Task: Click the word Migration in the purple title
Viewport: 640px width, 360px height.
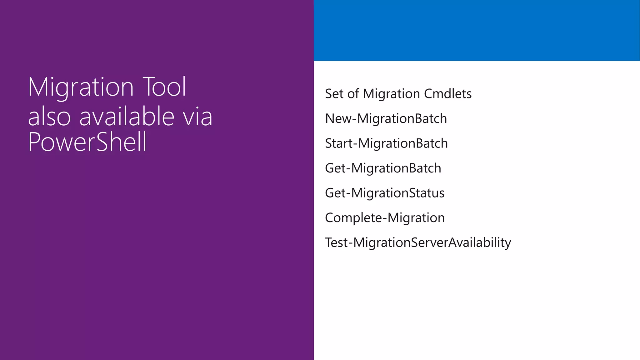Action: [x=81, y=87]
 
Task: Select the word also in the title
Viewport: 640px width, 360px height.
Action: [x=49, y=117]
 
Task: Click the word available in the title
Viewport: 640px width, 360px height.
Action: [x=127, y=116]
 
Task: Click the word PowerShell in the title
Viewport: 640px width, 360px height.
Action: [x=87, y=142]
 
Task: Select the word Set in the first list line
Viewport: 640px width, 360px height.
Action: [x=334, y=94]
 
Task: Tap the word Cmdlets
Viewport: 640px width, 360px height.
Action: [x=447, y=94]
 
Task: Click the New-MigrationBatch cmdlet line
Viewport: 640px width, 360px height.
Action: [x=386, y=119]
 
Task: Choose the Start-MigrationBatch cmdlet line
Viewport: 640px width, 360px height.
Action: [x=386, y=143]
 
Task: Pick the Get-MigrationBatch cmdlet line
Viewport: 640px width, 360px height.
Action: [x=383, y=168]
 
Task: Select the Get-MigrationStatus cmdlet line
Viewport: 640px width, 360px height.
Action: [x=384, y=193]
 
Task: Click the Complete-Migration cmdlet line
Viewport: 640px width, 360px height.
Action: [x=385, y=218]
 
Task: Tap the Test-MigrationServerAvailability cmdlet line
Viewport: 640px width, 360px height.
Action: [x=418, y=242]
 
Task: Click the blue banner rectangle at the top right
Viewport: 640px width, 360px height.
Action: [x=477, y=30]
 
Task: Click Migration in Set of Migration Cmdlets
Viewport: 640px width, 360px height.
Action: [x=391, y=94]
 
